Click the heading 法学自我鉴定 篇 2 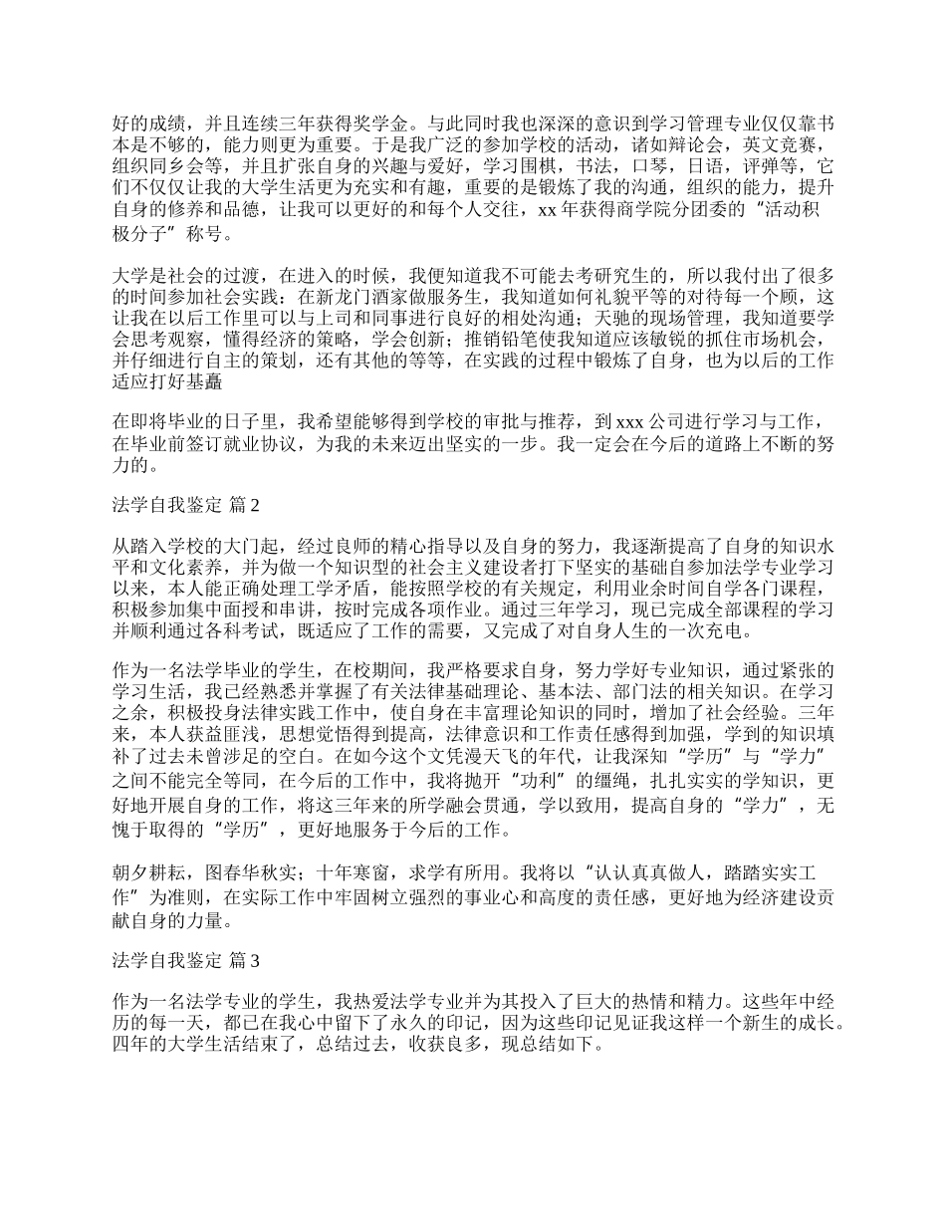[186, 506]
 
